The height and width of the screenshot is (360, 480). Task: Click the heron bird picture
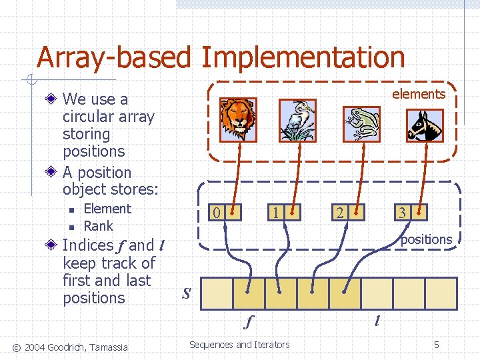point(297,121)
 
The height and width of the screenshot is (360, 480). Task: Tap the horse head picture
point(425,125)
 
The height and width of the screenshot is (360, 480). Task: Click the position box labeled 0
point(224,213)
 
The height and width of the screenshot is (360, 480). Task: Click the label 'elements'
point(418,94)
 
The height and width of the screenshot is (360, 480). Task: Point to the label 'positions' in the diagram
point(426,239)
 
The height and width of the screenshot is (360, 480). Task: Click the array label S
point(187,293)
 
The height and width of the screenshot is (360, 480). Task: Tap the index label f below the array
point(249,322)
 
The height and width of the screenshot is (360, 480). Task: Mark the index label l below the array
point(377,322)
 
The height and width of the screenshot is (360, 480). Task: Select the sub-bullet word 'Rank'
point(98,226)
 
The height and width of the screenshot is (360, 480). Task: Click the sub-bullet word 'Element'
point(107,209)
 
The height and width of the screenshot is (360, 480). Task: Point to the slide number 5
point(436,345)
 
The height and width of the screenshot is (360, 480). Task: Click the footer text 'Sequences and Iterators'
point(239,345)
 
